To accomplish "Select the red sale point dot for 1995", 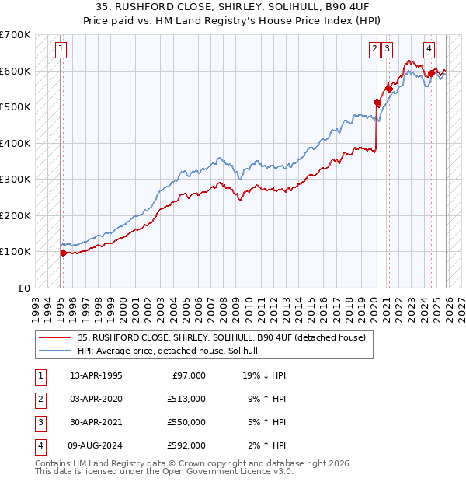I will coord(63,253).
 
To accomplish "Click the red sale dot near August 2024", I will coord(430,74).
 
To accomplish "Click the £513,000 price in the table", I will coord(186,399).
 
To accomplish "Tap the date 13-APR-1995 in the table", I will coord(96,375).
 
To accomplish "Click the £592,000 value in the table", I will coord(186,445).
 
